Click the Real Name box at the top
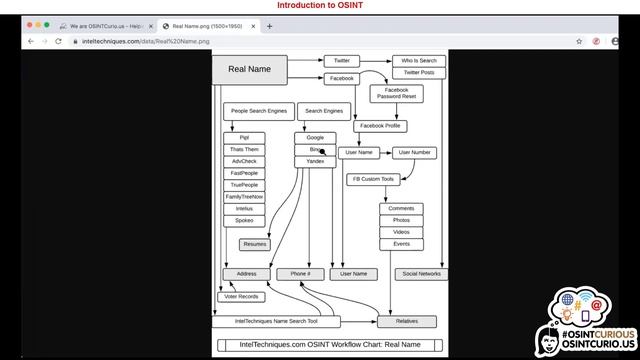(249, 69)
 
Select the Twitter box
(342, 61)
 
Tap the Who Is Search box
(418, 61)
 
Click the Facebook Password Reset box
(396, 94)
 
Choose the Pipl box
(244, 138)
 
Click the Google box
(315, 138)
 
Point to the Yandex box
(315, 161)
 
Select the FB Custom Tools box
(373, 180)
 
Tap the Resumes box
(255, 244)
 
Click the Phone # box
(300, 273)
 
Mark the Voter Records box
(241, 297)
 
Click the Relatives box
(406, 321)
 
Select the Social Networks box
(421, 273)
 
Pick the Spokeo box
(244, 221)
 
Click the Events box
(401, 244)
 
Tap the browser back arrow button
(30, 41)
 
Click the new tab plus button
(269, 26)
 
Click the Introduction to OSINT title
(320, 6)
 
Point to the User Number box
(413, 153)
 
